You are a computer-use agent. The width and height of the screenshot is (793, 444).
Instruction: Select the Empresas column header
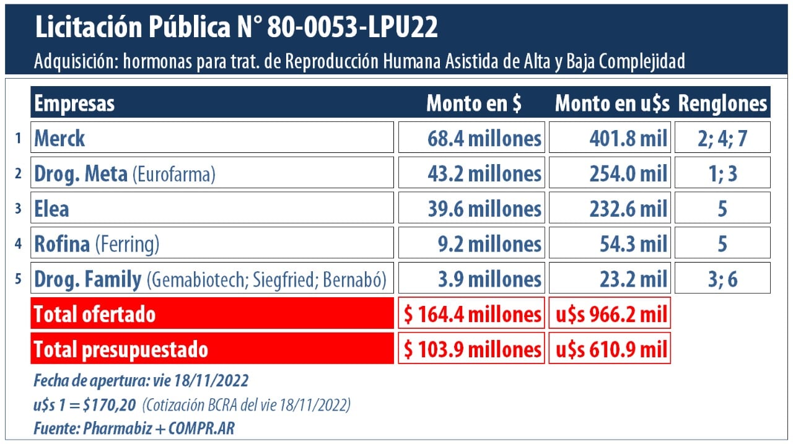click(74, 103)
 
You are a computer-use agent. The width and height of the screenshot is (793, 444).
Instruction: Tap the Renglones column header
click(722, 103)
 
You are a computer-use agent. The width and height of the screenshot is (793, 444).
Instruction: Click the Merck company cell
click(212, 137)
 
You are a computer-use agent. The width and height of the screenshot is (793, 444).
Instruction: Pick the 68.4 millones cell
click(471, 137)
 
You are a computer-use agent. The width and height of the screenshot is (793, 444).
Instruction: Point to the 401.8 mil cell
click(610, 137)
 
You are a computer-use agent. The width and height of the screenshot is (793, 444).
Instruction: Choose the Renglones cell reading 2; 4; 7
click(722, 137)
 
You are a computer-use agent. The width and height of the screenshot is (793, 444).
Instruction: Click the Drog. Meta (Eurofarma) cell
click(212, 173)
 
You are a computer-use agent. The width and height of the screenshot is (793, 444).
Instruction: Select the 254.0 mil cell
click(610, 173)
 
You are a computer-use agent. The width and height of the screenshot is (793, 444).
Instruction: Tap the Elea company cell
click(212, 208)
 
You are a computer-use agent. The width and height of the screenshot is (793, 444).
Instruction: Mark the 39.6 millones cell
click(471, 208)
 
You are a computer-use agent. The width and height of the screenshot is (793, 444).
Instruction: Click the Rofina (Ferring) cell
click(212, 243)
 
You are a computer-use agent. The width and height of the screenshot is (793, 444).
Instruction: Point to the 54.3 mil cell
click(610, 243)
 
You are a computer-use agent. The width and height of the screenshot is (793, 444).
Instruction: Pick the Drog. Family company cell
click(212, 279)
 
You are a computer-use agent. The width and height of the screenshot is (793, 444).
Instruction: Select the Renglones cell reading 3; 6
click(722, 279)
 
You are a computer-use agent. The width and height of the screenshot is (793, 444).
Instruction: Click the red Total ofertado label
click(212, 314)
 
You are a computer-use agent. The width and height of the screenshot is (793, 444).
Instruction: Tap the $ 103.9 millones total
click(471, 349)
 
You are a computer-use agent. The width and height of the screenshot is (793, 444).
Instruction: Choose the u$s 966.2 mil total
click(610, 314)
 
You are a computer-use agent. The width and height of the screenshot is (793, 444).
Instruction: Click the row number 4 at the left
click(19, 244)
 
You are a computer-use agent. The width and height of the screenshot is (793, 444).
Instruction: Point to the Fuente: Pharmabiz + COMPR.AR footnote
click(134, 428)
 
